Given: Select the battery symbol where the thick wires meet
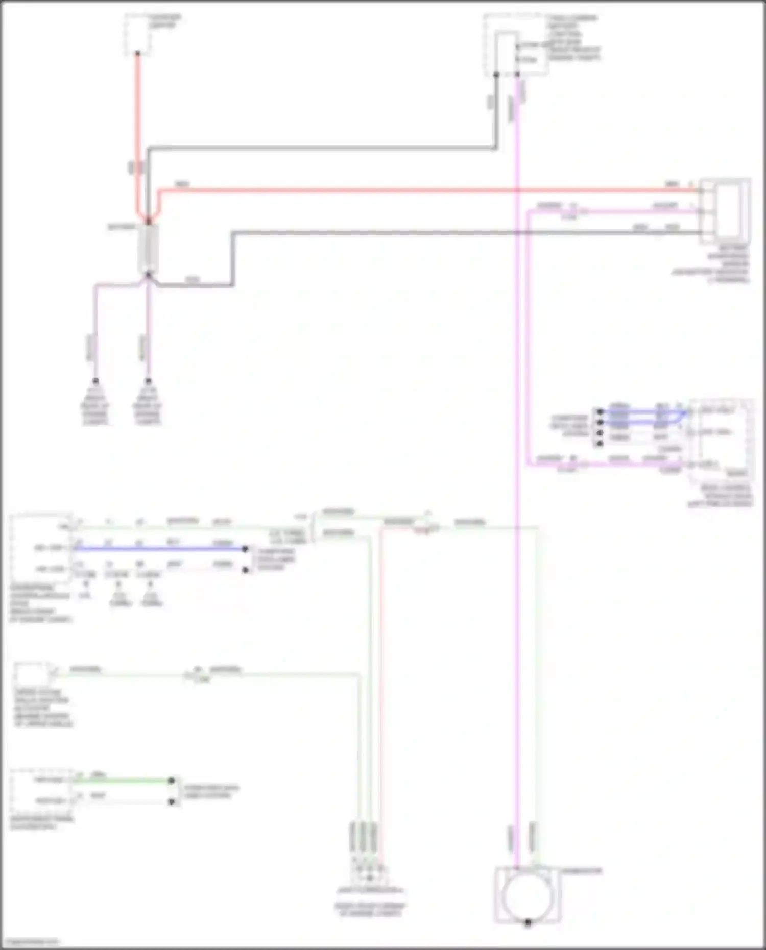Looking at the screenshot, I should click(148, 249).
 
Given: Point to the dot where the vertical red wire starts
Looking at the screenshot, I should click(137, 53).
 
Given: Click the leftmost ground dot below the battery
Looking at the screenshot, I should click(95, 381).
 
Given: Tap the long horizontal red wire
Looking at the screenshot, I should click(409, 190).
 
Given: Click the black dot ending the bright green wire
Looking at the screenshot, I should click(172, 781).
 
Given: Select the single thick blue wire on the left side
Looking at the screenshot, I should click(158, 549).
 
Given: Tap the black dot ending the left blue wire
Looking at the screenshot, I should click(245, 549).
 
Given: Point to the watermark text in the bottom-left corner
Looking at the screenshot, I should click(31, 942).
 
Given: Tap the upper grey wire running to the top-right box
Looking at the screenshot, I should click(322, 149).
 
